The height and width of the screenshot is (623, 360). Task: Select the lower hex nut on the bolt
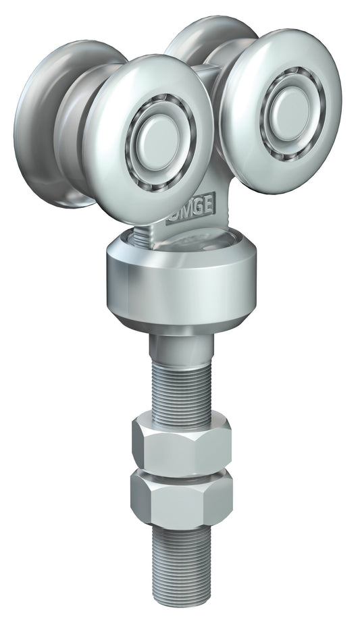coord(181,499)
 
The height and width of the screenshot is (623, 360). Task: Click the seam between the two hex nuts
coord(181,470)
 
